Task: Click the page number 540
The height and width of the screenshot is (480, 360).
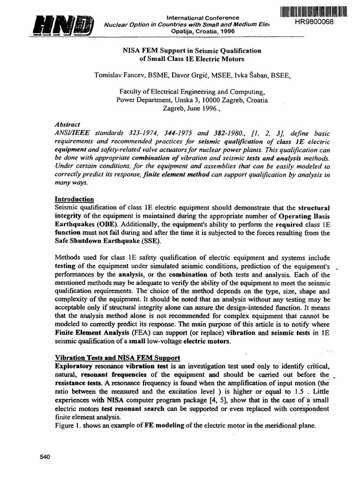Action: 44,457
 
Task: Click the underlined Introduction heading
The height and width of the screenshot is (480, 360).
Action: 75,199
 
